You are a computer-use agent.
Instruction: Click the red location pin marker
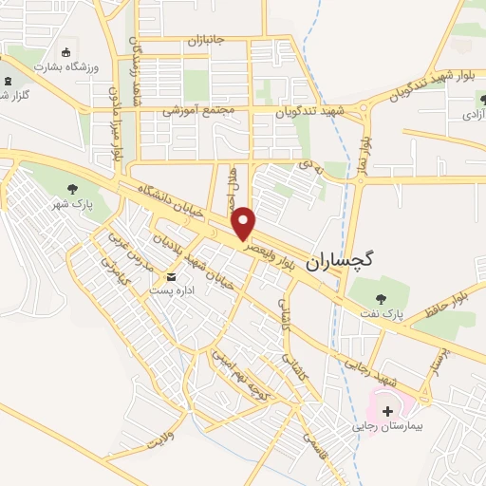coord(244,222)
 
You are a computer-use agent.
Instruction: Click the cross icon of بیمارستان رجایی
coord(387,411)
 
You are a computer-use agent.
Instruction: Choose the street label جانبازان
coord(203,41)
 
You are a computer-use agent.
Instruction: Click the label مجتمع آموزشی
coord(199,110)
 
